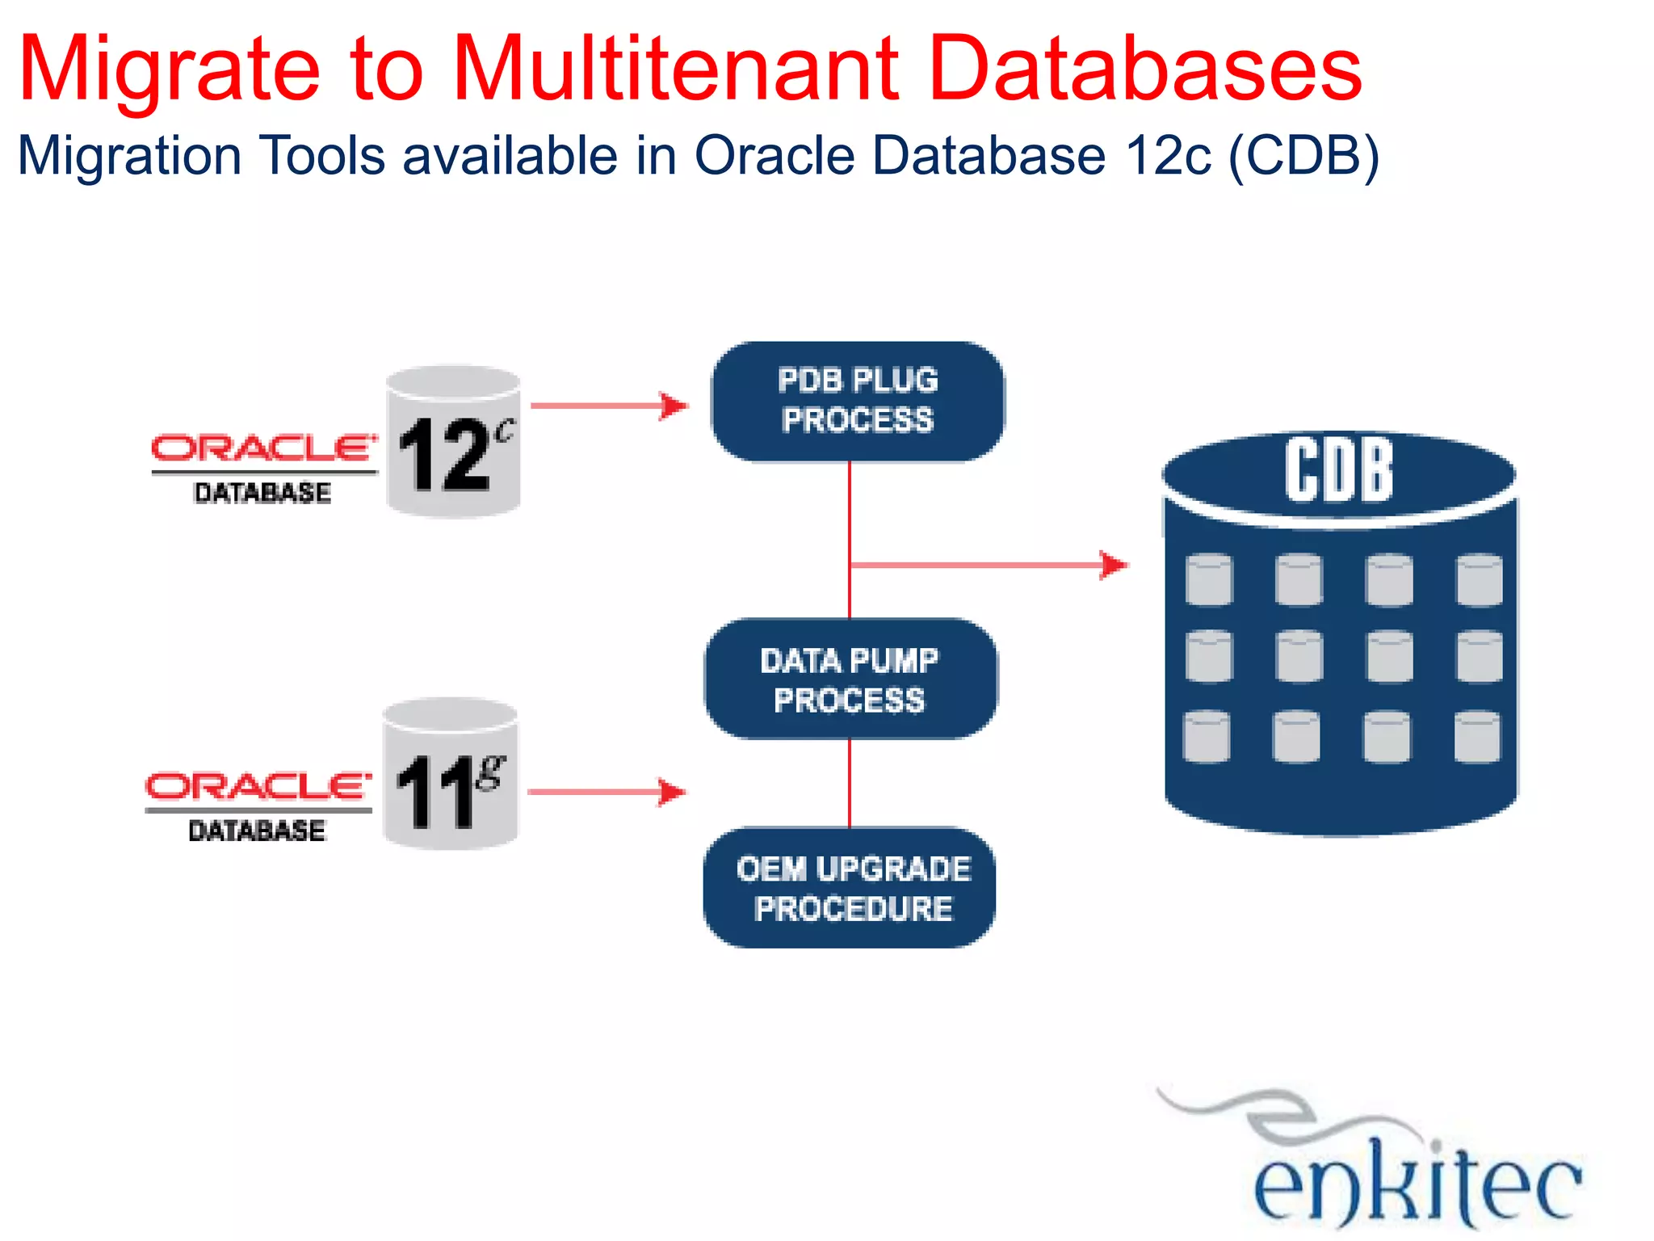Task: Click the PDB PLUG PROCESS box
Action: pyautogui.click(x=857, y=402)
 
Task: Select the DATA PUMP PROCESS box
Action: pyautogui.click(x=850, y=679)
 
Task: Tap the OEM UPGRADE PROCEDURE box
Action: pyautogui.click(x=850, y=888)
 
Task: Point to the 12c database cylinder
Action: pyautogui.click(x=453, y=441)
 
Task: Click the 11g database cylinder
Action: pyautogui.click(x=450, y=774)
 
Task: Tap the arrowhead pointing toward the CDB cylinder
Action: pyautogui.click(x=1114, y=564)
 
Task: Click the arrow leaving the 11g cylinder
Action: pyautogui.click(x=606, y=792)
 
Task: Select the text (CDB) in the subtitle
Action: pyautogui.click(x=1303, y=155)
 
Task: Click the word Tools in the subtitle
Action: pyautogui.click(x=322, y=155)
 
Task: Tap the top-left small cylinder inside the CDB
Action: pyautogui.click(x=1209, y=579)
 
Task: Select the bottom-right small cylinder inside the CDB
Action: pyautogui.click(x=1477, y=736)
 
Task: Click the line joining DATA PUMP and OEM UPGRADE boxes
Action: pyautogui.click(x=850, y=782)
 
